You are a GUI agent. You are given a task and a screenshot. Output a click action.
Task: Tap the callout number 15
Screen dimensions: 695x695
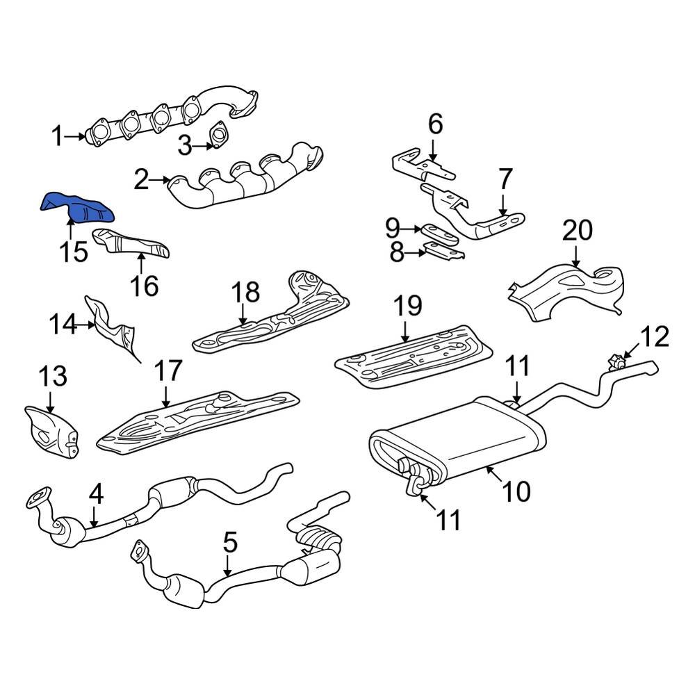click(73, 252)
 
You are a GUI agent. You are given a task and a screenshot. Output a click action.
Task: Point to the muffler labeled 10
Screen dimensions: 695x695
click(459, 441)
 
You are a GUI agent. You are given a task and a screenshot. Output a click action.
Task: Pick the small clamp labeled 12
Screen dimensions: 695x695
click(616, 361)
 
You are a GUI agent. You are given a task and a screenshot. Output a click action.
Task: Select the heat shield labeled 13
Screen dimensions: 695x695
click(50, 431)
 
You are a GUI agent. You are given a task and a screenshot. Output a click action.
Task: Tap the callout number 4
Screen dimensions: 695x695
click(96, 495)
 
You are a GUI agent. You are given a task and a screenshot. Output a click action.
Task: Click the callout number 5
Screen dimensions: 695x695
click(230, 541)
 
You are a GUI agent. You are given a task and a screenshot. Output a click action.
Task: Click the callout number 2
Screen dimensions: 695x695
click(141, 181)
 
